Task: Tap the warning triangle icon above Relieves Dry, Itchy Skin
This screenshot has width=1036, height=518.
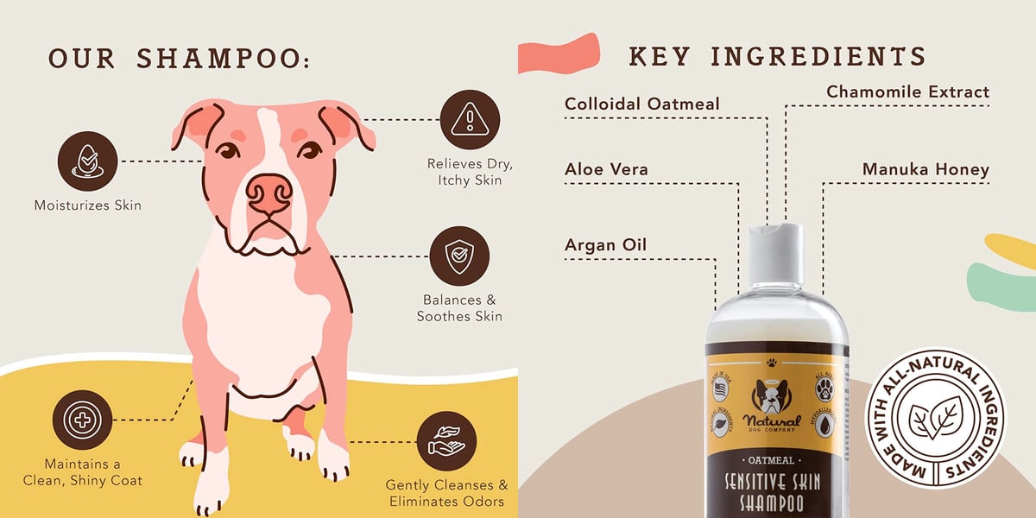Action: pos(470,119)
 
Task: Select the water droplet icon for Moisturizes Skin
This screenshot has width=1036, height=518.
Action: pos(87,161)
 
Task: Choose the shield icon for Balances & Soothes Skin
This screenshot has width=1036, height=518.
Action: pos(458,256)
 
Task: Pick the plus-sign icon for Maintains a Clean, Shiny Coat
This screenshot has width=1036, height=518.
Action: pos(82,420)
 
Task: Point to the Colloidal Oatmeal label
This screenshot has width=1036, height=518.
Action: pos(641,104)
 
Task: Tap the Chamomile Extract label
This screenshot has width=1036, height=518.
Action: pos(907,92)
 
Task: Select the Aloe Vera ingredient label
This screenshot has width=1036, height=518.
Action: pos(606,170)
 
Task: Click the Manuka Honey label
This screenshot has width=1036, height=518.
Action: pos(925,170)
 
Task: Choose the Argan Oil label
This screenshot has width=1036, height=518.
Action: pos(605,245)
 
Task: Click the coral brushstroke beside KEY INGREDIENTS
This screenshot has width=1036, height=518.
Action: pos(559,54)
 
